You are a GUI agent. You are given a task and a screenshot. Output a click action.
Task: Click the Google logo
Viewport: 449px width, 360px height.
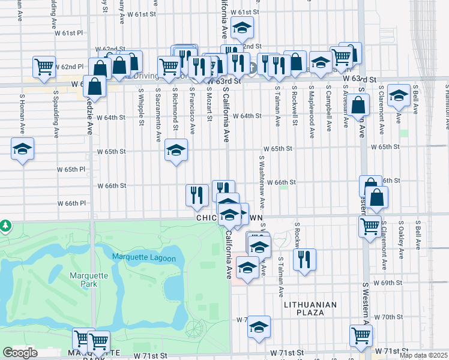(20, 353)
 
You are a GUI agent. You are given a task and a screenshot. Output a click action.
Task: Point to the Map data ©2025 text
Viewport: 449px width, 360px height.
(423, 355)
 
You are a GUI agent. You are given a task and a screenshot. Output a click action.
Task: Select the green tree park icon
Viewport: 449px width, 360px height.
(5, 226)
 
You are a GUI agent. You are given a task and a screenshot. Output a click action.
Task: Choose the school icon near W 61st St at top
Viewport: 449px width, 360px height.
(242, 27)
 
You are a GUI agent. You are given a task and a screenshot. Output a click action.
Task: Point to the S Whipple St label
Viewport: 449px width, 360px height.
(142, 107)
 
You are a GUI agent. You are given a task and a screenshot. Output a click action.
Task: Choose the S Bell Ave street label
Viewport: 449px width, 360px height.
(417, 103)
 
